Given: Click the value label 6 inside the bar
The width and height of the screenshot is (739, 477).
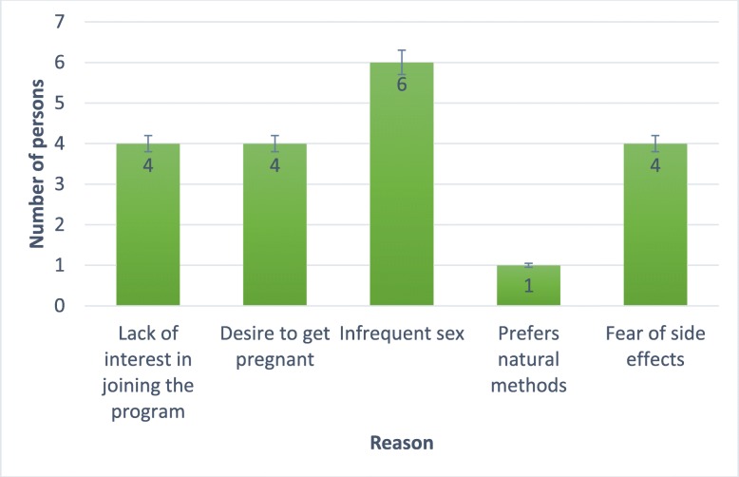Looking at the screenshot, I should pyautogui.click(x=402, y=84).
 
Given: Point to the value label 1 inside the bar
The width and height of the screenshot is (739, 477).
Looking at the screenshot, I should pyautogui.click(x=528, y=285).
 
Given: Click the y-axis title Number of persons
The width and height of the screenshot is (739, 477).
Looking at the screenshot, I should pyautogui.click(x=36, y=163).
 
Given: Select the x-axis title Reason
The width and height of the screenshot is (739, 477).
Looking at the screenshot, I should pyautogui.click(x=401, y=442).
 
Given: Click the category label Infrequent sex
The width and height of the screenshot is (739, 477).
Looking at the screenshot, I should pyautogui.click(x=402, y=334).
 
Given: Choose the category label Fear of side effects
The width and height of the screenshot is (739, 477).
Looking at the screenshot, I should pyautogui.click(x=655, y=346).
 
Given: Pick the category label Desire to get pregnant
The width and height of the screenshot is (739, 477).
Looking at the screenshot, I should pyautogui.click(x=275, y=346).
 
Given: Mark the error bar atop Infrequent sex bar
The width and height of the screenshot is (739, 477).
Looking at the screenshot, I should pyautogui.click(x=402, y=62).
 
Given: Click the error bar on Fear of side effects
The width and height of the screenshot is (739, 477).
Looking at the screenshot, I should pyautogui.click(x=655, y=143).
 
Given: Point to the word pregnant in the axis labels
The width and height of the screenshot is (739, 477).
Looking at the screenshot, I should pyautogui.click(x=275, y=357).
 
